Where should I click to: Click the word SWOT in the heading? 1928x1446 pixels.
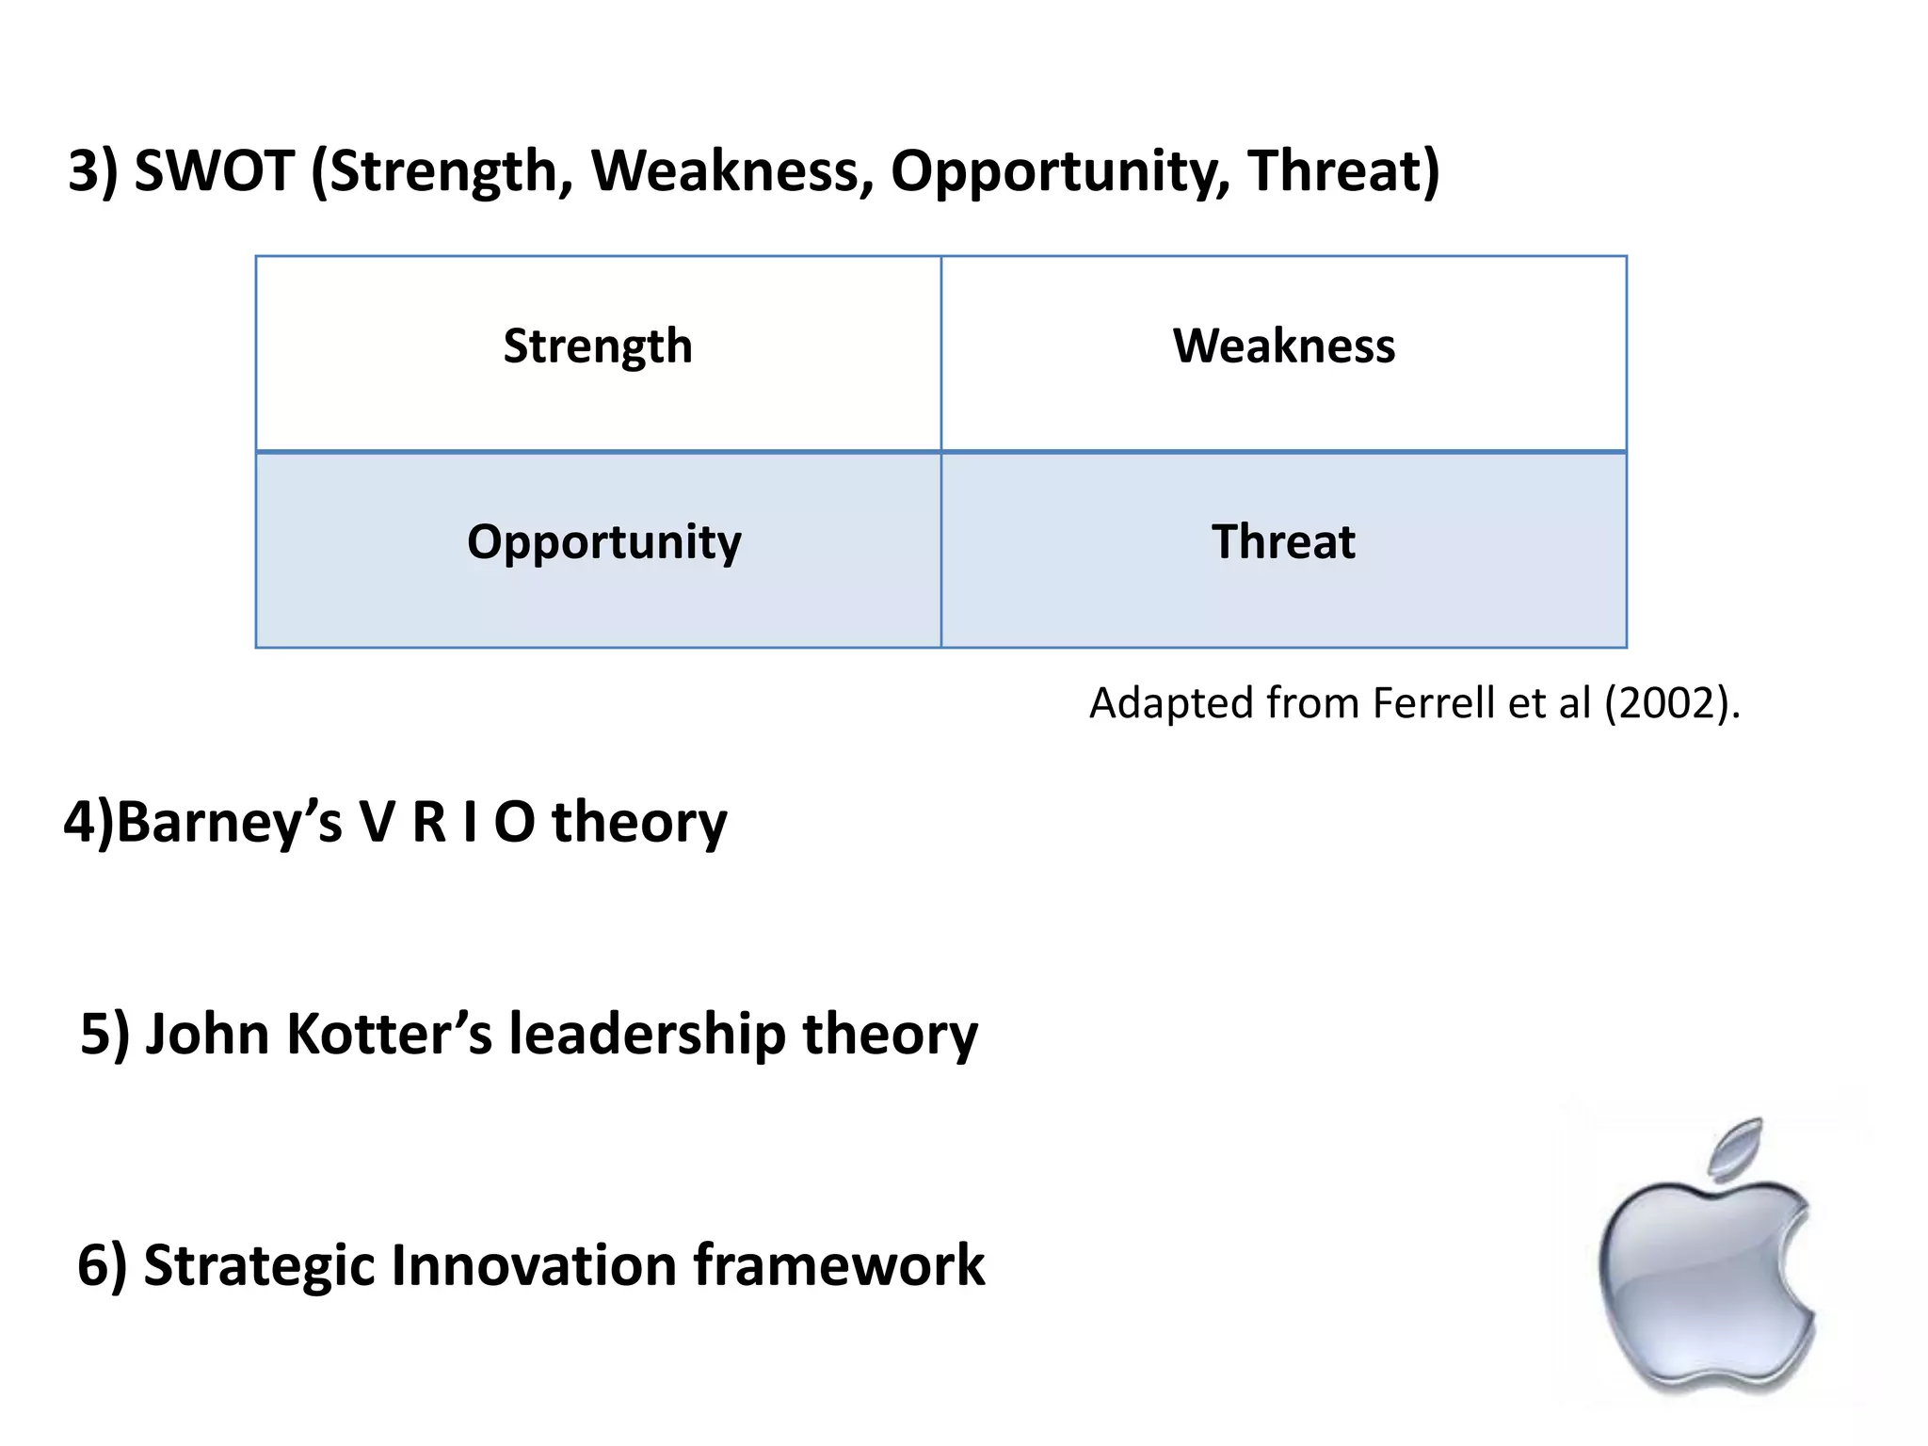(x=214, y=171)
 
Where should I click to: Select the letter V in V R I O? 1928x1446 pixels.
(x=376, y=822)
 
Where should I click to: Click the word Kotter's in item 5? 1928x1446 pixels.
(x=389, y=1034)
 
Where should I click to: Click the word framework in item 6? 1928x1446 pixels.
(x=839, y=1264)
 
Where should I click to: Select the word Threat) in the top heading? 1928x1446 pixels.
(x=1343, y=171)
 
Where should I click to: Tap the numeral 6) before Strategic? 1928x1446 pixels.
(x=102, y=1264)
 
